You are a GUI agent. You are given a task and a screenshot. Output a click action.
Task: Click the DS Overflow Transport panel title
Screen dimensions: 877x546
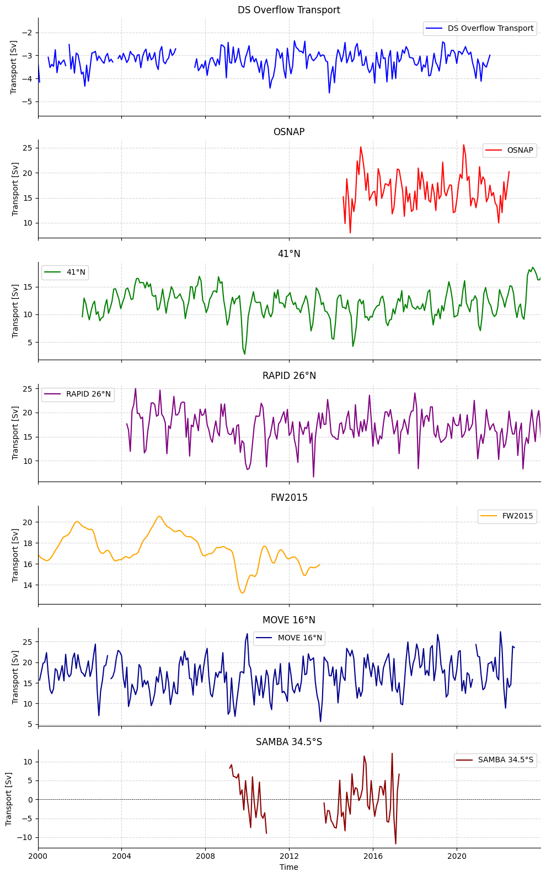click(288, 10)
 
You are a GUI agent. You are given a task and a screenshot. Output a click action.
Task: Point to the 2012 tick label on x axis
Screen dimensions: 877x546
click(289, 856)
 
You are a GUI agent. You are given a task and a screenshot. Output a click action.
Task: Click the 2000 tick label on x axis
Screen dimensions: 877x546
click(38, 856)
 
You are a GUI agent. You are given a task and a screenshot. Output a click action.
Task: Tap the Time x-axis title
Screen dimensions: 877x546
click(288, 867)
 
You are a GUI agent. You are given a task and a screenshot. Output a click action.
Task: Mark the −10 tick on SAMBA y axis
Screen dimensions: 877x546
click(25, 837)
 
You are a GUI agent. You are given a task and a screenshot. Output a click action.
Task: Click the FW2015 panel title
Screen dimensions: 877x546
click(288, 498)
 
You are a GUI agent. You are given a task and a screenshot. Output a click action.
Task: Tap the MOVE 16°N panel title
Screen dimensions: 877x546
click(288, 620)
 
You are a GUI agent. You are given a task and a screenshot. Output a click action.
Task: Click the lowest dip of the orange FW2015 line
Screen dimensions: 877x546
click(242, 593)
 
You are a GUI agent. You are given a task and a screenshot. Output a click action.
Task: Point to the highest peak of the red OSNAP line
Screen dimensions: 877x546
click(464, 145)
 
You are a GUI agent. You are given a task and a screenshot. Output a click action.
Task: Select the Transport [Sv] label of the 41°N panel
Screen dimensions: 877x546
click(15, 311)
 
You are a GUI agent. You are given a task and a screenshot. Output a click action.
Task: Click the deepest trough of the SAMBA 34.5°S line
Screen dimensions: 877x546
click(395, 843)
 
